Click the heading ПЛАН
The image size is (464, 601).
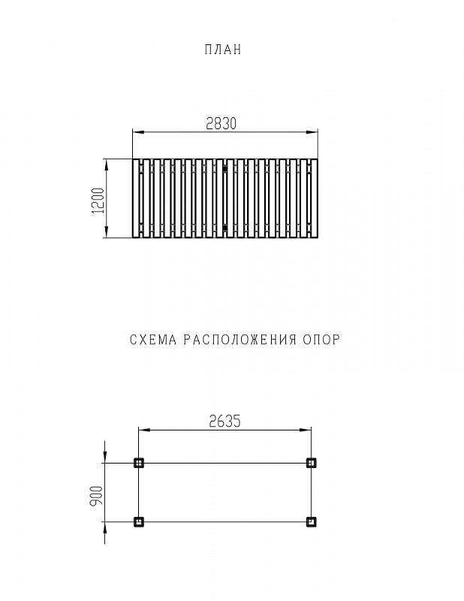[x=223, y=50]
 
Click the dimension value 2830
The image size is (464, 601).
[x=221, y=123]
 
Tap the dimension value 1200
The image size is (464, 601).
[x=98, y=201]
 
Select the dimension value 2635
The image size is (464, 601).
[x=225, y=421]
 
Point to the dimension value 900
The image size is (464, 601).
[x=96, y=495]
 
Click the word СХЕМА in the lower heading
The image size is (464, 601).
[x=153, y=340]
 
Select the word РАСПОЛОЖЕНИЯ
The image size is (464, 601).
[x=240, y=340]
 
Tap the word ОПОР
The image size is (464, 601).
[x=321, y=340]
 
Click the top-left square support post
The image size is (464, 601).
[x=139, y=463]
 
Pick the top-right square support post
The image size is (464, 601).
[x=312, y=463]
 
